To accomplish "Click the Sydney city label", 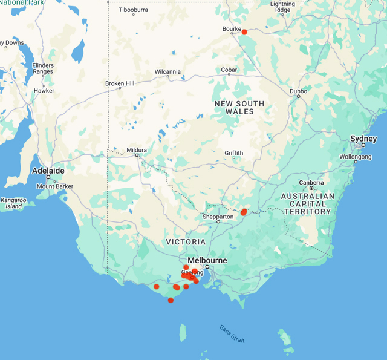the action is pyautogui.click(x=363, y=139).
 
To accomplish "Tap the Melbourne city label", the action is pyautogui.click(x=207, y=261).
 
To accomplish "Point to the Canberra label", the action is pyautogui.click(x=311, y=182).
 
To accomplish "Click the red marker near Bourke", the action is pyautogui.click(x=244, y=32).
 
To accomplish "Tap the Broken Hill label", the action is pyautogui.click(x=120, y=83).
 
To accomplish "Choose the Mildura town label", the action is pyautogui.click(x=137, y=149).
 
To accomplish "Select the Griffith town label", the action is pyautogui.click(x=234, y=152).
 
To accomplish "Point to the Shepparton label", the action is pyautogui.click(x=218, y=217).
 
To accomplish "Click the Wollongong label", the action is pyautogui.click(x=355, y=157).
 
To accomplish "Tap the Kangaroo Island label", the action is pyautogui.click(x=13, y=203).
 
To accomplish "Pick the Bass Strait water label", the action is pyautogui.click(x=233, y=333).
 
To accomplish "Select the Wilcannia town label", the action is pyautogui.click(x=167, y=71).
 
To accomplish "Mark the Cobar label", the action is pyautogui.click(x=229, y=70).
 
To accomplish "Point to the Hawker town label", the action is pyautogui.click(x=44, y=91).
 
